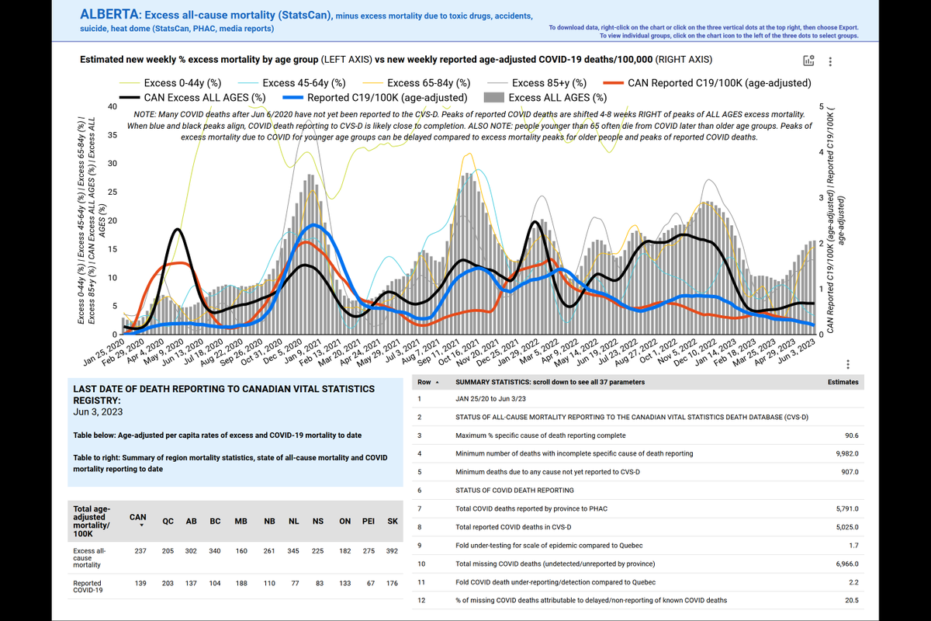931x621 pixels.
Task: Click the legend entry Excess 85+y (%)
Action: (549, 83)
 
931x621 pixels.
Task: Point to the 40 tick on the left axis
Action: (112, 106)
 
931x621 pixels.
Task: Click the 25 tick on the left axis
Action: (112, 192)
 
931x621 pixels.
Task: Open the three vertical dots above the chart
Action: (832, 61)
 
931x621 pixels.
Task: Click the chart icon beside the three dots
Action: (809, 61)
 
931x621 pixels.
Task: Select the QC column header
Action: (168, 522)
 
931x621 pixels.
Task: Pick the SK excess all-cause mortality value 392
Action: (392, 551)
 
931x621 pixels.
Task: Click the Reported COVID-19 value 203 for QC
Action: (168, 583)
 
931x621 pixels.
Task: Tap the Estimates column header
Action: (843, 382)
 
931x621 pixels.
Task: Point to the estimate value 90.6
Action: (849, 435)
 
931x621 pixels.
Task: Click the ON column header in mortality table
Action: (346, 522)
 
